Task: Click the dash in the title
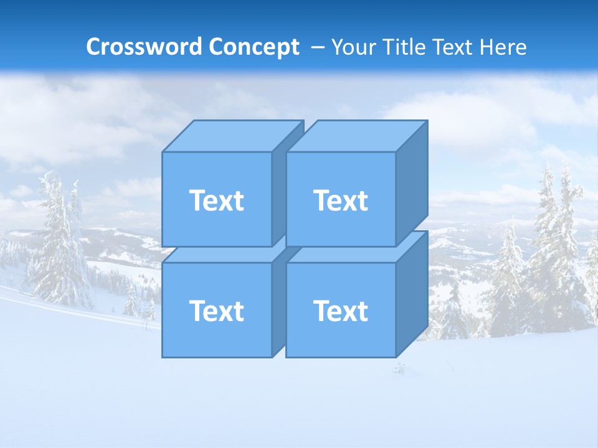point(317,47)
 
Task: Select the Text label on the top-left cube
point(216,200)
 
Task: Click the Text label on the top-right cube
point(341,200)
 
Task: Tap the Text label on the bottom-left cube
point(216,310)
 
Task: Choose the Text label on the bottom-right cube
point(341,310)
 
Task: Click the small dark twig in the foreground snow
point(399,369)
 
